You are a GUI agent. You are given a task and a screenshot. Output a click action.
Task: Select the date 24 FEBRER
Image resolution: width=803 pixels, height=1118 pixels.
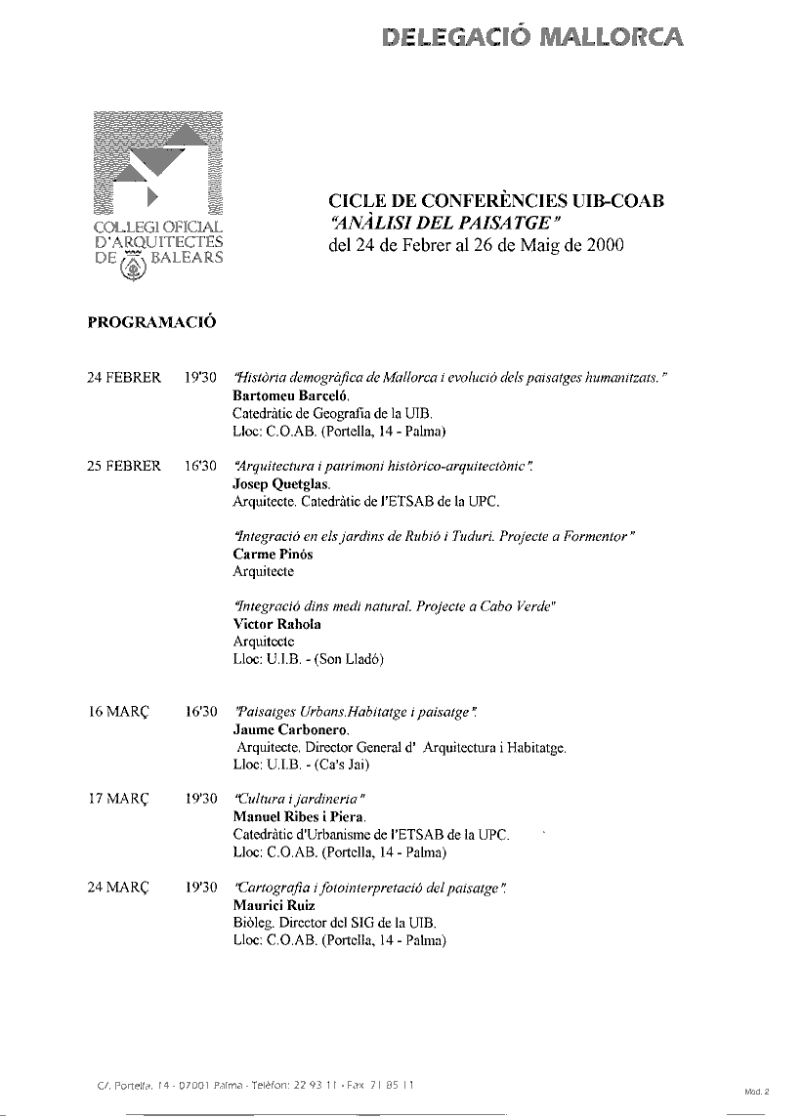click(124, 379)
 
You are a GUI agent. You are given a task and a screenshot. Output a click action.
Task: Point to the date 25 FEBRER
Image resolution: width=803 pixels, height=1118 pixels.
click(124, 467)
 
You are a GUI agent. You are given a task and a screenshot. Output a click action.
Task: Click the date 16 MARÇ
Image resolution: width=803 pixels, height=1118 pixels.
click(117, 713)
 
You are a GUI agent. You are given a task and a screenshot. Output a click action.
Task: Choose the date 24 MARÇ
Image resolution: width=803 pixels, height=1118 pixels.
click(117, 889)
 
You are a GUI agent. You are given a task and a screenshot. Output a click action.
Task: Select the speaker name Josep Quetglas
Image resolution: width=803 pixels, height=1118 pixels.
click(281, 484)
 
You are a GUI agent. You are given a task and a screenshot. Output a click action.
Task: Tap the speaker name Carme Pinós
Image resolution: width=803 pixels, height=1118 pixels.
click(271, 555)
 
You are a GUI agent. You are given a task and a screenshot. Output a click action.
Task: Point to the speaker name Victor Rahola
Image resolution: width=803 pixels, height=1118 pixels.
click(276, 624)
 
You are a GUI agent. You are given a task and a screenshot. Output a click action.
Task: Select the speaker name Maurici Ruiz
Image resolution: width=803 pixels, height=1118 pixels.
click(274, 906)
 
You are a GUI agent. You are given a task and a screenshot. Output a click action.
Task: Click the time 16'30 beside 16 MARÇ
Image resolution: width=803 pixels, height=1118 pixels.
click(199, 713)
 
